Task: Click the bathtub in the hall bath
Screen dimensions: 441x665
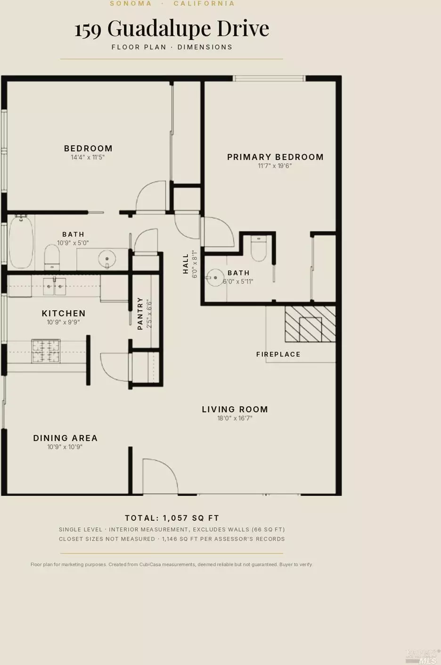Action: [21, 242]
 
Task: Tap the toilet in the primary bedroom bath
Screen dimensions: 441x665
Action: [259, 249]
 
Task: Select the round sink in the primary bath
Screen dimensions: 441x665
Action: [215, 278]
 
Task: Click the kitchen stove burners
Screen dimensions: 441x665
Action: [46, 351]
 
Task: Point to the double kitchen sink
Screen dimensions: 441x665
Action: [55, 286]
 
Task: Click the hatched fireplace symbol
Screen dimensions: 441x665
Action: [310, 324]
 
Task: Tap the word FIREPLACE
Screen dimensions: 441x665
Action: [278, 354]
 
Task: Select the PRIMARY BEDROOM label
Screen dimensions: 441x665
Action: [275, 157]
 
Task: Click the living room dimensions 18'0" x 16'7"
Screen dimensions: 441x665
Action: [235, 418]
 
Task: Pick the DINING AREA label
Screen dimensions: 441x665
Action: [65, 438]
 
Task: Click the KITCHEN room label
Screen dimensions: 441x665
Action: [64, 313]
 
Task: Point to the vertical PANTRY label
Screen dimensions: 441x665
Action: [140, 314]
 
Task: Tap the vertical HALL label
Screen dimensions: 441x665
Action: [186, 264]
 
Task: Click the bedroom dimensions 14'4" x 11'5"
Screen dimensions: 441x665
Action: [88, 157]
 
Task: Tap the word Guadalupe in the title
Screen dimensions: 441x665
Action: [160, 29]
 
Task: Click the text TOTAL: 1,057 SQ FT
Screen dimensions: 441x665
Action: [172, 518]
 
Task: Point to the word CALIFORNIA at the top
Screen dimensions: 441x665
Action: [204, 3]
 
